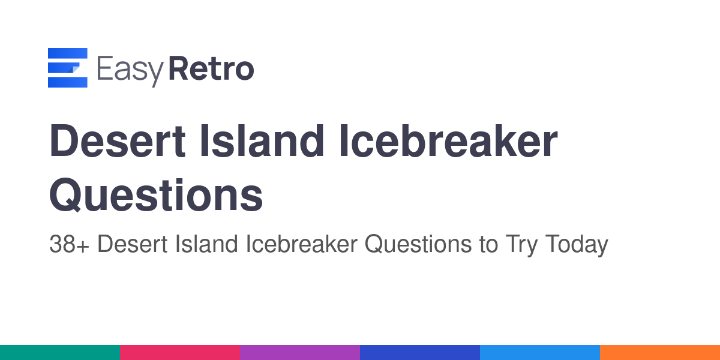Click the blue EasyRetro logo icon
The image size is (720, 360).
click(67, 67)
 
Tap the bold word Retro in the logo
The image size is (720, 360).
click(211, 68)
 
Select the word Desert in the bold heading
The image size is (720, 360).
click(117, 141)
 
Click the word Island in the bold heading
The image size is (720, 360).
click(262, 141)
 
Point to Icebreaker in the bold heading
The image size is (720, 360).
click(448, 141)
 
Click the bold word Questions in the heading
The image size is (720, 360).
click(156, 195)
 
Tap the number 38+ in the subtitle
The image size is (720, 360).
click(69, 244)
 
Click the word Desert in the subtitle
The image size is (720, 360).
click(132, 244)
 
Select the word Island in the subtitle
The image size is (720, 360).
click(206, 244)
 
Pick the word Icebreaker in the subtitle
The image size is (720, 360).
click(301, 244)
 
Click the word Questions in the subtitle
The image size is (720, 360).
click(418, 244)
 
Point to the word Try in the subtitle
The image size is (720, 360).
click(521, 245)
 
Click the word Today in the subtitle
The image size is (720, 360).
click(577, 245)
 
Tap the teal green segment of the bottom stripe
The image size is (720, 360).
click(60, 353)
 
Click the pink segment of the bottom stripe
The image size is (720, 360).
click(180, 353)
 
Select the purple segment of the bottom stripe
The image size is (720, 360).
click(300, 353)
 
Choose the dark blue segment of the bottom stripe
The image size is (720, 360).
click(420, 353)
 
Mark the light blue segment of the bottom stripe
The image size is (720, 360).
click(540, 353)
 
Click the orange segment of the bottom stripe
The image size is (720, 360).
click(660, 353)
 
